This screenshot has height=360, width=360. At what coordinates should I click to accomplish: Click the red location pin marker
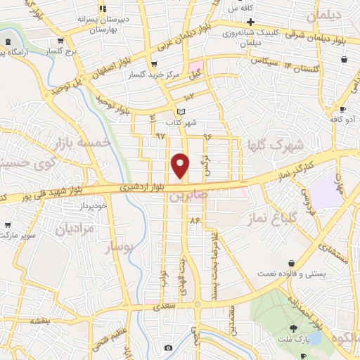(180, 165)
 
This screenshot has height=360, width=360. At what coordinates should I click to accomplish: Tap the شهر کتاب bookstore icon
(181, 112)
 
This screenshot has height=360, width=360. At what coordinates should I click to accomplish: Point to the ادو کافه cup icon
(343, 110)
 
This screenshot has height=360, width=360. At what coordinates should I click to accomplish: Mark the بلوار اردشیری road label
(124, 188)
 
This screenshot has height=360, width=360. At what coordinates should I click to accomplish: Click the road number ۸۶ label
(195, 221)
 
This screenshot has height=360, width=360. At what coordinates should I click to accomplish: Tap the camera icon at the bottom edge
(168, 348)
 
